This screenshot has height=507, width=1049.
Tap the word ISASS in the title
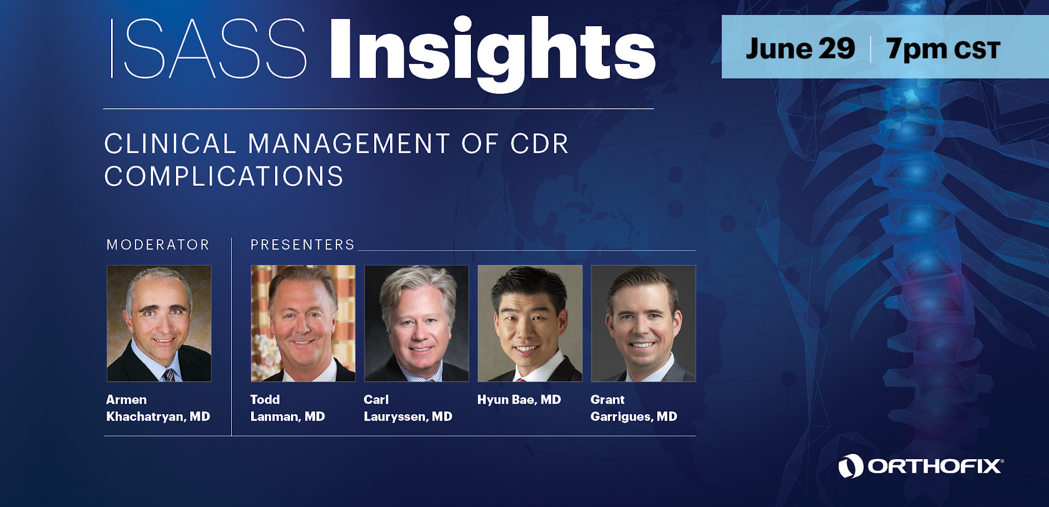pyautogui.click(x=208, y=48)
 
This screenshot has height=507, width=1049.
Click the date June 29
pyautogui.click(x=800, y=48)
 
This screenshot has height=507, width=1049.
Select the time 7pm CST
pyautogui.click(x=943, y=50)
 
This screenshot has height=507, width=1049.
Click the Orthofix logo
pyautogui.click(x=921, y=466)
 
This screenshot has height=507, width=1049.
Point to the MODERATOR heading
pyautogui.click(x=158, y=245)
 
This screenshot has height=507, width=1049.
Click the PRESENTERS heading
pyautogui.click(x=302, y=245)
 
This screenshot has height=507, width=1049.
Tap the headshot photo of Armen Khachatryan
pyautogui.click(x=159, y=323)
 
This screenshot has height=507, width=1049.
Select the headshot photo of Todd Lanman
pyautogui.click(x=303, y=323)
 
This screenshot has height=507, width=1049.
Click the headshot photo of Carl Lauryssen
pyautogui.click(x=416, y=323)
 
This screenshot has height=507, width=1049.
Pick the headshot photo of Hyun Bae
pyautogui.click(x=530, y=323)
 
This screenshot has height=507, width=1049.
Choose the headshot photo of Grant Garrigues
pyautogui.click(x=644, y=323)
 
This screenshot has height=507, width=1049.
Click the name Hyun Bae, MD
pyautogui.click(x=519, y=400)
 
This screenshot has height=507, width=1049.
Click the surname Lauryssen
pyautogui.click(x=396, y=417)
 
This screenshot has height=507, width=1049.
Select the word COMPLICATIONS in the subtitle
pyautogui.click(x=224, y=177)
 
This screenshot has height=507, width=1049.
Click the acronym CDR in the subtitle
pyautogui.click(x=539, y=144)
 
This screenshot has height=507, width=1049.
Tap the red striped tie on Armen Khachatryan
pyautogui.click(x=169, y=375)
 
